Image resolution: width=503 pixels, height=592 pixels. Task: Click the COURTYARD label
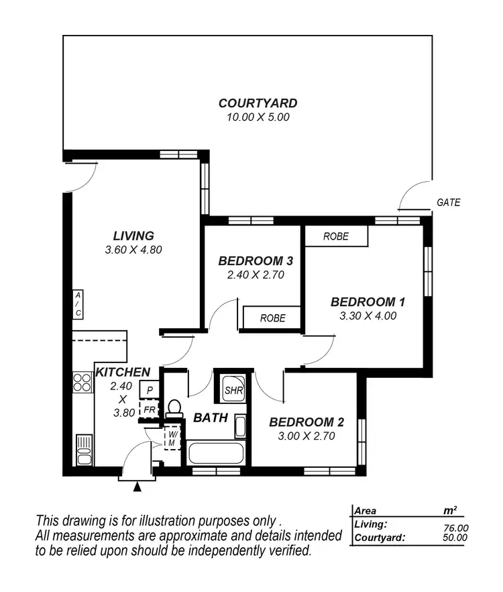tap(258, 103)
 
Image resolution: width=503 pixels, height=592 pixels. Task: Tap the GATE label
tap(449, 202)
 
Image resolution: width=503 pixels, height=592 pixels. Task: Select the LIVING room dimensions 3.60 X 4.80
tap(133, 249)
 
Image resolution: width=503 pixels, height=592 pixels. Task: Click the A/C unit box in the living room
tap(78, 304)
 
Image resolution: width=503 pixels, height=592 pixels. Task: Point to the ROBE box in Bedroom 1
tap(335, 236)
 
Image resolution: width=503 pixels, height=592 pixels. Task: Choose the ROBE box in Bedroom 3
tap(272, 318)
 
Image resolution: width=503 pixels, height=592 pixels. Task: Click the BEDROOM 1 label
tap(368, 301)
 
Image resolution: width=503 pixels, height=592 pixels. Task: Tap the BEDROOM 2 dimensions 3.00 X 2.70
tap(306, 436)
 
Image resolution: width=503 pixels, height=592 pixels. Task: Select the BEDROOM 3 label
tap(257, 261)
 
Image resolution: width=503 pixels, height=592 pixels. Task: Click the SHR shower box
tap(233, 390)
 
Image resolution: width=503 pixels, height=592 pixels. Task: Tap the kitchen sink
tap(83, 449)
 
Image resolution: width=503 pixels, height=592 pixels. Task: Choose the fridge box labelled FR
tap(149, 409)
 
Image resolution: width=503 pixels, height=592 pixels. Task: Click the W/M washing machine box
tap(172, 438)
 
